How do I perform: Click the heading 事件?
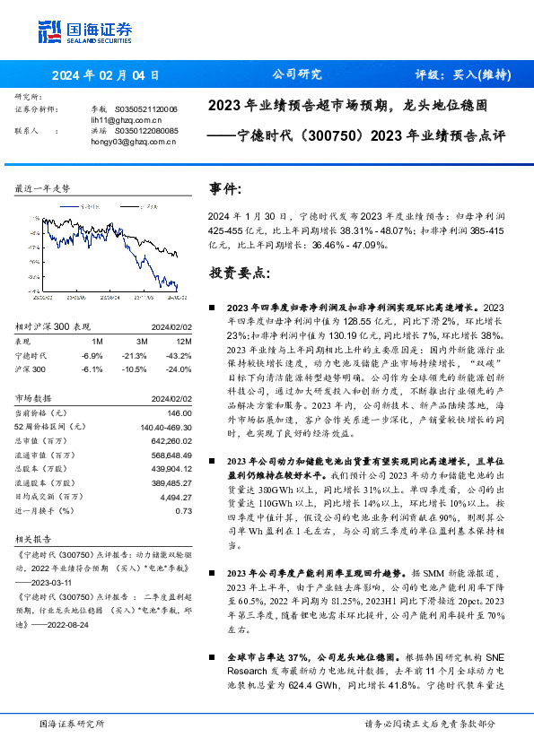[224, 189]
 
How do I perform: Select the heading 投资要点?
[237, 271]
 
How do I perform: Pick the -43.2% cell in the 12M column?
[179, 355]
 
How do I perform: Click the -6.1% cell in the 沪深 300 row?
[92, 369]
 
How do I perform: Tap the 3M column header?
[142, 342]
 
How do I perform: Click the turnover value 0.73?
[183, 510]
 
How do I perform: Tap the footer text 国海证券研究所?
[72, 723]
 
